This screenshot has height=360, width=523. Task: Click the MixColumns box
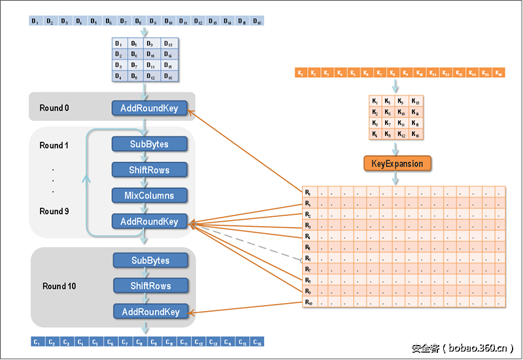click(150, 195)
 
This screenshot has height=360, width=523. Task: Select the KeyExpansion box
click(397, 163)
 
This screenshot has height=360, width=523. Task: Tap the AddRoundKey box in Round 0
click(150, 108)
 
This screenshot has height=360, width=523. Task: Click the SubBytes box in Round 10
click(150, 261)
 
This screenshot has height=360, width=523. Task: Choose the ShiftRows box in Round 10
click(150, 286)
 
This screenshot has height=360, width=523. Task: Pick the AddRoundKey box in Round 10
click(150, 312)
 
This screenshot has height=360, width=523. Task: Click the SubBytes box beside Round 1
click(150, 144)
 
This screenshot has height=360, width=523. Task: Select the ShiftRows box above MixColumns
click(150, 170)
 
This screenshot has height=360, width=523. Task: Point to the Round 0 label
click(54, 108)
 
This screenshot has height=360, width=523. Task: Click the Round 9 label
click(54, 211)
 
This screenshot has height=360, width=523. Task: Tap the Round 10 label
click(59, 286)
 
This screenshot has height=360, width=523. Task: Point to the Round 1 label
click(54, 145)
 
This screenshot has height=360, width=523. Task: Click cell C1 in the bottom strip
click(37, 342)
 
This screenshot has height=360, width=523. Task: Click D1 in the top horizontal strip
click(36, 22)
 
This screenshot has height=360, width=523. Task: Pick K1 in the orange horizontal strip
click(300, 73)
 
